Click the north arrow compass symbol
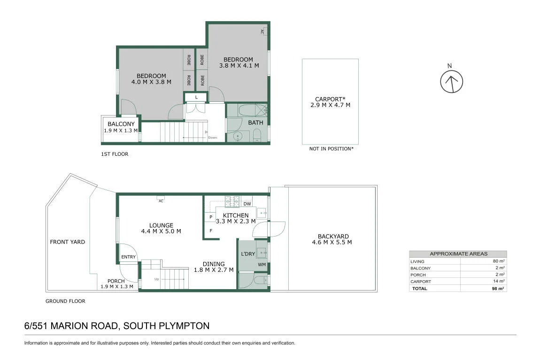[452, 82]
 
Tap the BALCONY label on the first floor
[121, 124]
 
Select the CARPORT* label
[330, 99]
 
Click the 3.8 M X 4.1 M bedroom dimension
[239, 65]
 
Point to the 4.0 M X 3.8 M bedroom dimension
[151, 82]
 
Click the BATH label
[255, 123]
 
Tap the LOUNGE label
[161, 225]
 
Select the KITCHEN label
[236, 215]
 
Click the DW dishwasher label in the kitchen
[247, 204]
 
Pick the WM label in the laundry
[262, 265]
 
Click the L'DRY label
[248, 254]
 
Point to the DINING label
[214, 264]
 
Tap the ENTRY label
[129, 257]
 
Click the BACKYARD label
[333, 237]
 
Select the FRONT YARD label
[68, 242]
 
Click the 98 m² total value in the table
[498, 288]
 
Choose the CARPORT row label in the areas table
[421, 282]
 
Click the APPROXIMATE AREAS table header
[458, 254]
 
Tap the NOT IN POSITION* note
[332, 149]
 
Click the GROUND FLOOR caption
[65, 301]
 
